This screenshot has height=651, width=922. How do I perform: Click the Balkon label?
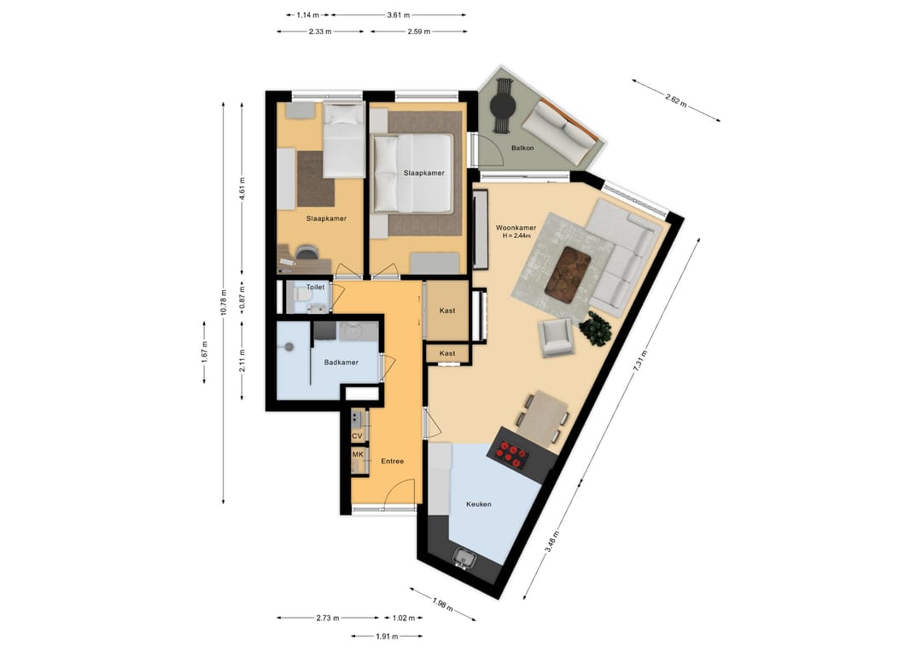click(x=522, y=148)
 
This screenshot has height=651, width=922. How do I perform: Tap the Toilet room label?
click(x=315, y=288)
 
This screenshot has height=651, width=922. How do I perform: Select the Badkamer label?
click(x=341, y=363)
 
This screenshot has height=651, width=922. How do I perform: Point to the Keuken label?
click(x=479, y=504)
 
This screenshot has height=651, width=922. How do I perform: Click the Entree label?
click(x=392, y=462)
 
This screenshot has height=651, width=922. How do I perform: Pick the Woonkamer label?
click(x=516, y=228)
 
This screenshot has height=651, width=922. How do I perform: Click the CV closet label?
click(x=357, y=437)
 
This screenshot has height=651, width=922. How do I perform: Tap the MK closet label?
click(x=358, y=455)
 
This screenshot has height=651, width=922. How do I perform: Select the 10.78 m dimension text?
click(x=224, y=303)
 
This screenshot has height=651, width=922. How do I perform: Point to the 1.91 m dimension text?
click(x=387, y=636)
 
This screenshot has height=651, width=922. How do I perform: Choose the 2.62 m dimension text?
click(x=676, y=100)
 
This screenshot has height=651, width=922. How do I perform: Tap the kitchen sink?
click(x=464, y=558)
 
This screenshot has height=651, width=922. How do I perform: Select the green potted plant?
click(x=596, y=328)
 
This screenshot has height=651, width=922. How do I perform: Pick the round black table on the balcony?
click(x=503, y=107)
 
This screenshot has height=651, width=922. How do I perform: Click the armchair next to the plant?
click(x=557, y=338)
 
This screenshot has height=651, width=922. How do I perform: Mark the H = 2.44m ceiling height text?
click(x=516, y=236)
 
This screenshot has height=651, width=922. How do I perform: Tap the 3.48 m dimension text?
click(x=551, y=542)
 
